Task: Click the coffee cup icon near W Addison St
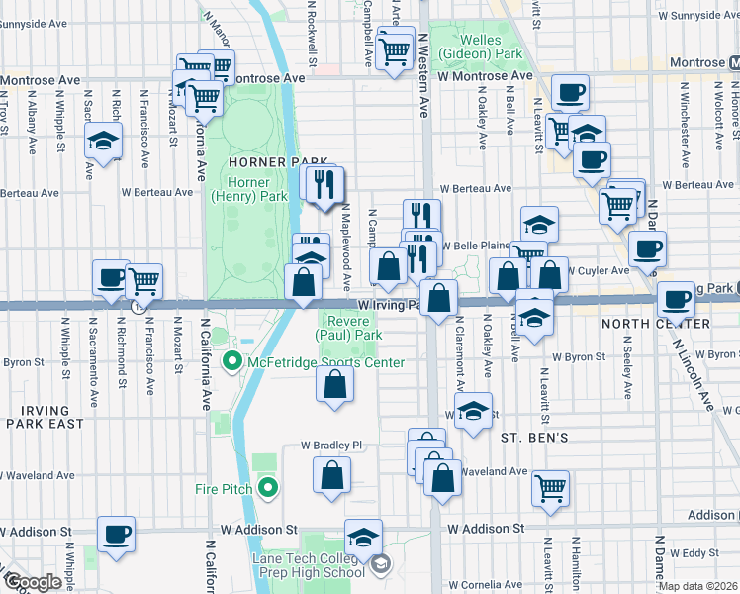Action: click(117, 536)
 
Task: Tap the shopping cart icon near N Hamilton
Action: click(550, 486)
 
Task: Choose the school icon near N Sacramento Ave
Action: click(102, 142)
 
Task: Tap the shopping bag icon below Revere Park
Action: click(334, 384)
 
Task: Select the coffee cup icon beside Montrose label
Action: click(569, 94)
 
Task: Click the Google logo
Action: click(32, 582)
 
